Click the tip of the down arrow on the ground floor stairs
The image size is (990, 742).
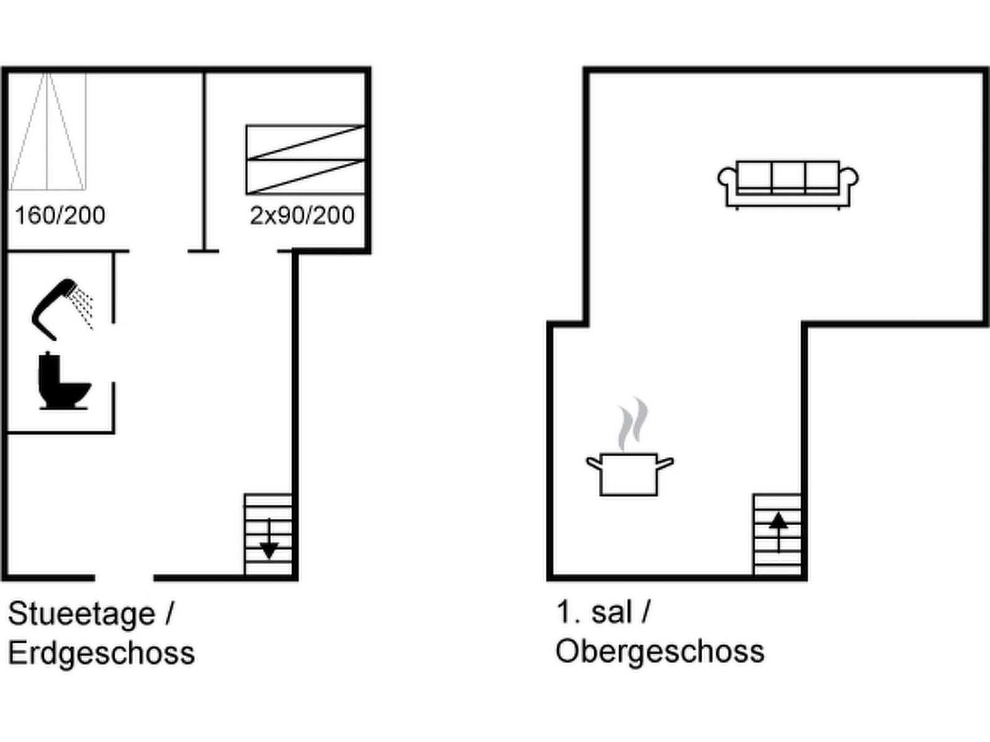tap(269, 559)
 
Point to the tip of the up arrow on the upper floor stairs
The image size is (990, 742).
tap(778, 513)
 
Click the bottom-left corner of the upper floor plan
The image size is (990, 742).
tap(547, 581)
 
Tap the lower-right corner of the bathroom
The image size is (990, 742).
tap(114, 433)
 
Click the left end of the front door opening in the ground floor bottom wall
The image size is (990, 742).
tap(95, 578)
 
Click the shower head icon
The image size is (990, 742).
tap(62, 310)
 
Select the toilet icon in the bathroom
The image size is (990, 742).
tap(65, 381)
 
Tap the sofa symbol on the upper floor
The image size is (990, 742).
tap(788, 185)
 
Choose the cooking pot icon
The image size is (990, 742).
tap(630, 474)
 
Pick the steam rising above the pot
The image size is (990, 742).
tap(633, 424)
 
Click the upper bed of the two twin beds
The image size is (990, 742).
tap(305, 142)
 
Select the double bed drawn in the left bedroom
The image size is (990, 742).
tap(48, 131)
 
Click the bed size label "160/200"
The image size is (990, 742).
tap(60, 215)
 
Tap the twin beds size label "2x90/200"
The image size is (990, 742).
tap(302, 215)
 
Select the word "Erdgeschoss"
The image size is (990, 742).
tap(101, 654)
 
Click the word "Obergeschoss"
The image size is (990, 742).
tap(660, 652)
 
